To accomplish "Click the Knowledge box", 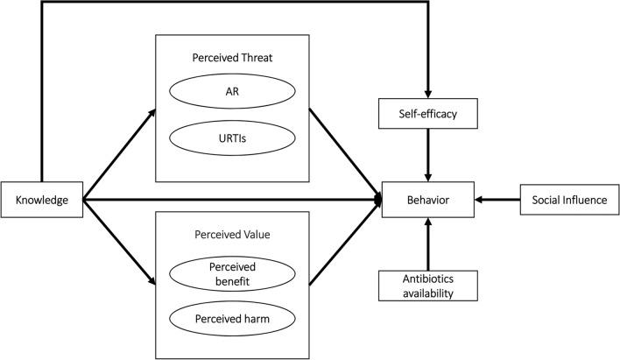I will (x=41, y=201).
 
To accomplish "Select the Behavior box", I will (x=427, y=201).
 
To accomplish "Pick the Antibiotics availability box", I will (x=427, y=285).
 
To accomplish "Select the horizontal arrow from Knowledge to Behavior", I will (x=228, y=201).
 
